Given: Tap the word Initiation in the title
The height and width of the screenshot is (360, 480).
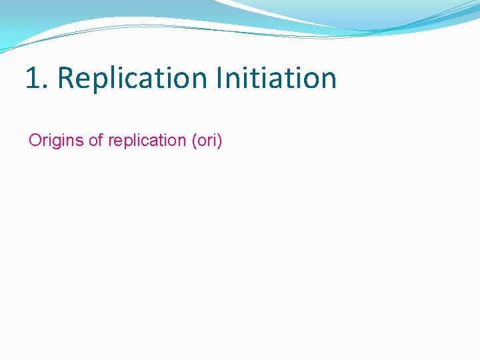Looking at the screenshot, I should coord(276,78).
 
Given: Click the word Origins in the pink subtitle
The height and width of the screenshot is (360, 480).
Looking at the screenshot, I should coord(56,141).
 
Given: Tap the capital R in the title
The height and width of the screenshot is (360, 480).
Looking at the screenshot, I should coord(65,78).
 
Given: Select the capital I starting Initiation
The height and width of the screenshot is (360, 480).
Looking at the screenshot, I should coord(219,78).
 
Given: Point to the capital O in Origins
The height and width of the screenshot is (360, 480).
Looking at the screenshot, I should coord(35,141).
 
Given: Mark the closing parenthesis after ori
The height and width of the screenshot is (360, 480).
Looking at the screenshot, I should coord(219,141).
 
